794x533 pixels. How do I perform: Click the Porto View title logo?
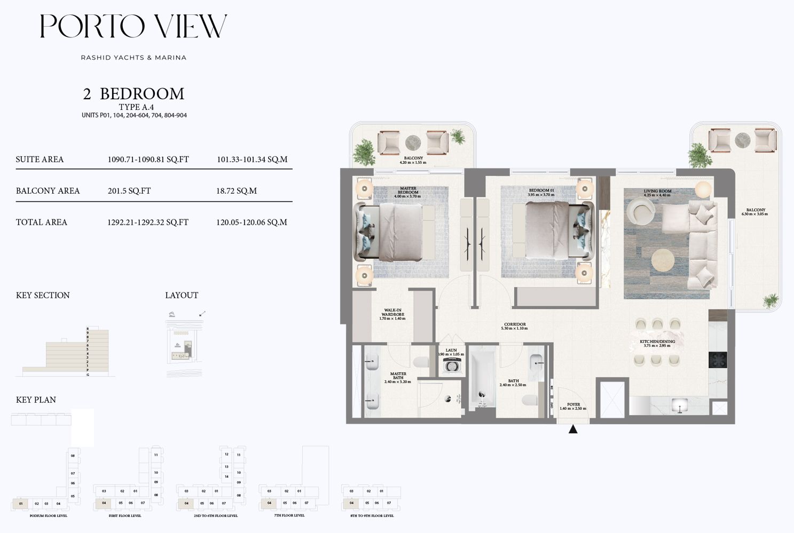[133, 26]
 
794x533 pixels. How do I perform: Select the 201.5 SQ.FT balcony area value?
[129, 191]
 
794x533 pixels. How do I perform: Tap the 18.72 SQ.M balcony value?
[237, 191]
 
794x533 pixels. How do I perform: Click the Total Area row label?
[42, 222]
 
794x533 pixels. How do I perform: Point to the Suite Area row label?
[40, 160]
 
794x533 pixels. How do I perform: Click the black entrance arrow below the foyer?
[573, 429]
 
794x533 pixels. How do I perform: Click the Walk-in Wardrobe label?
[392, 314]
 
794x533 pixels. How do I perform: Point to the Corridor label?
[515, 326]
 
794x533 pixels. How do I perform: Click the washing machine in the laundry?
[452, 367]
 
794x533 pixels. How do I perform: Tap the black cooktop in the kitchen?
[718, 360]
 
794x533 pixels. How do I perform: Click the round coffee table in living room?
[663, 260]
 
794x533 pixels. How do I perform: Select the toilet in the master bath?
[422, 362]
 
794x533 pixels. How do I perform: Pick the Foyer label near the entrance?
[573, 407]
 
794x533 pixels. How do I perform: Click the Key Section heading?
[43, 296]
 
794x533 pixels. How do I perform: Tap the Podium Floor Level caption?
[49, 516]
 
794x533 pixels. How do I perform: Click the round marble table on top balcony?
[413, 142]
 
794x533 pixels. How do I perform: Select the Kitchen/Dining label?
[657, 343]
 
